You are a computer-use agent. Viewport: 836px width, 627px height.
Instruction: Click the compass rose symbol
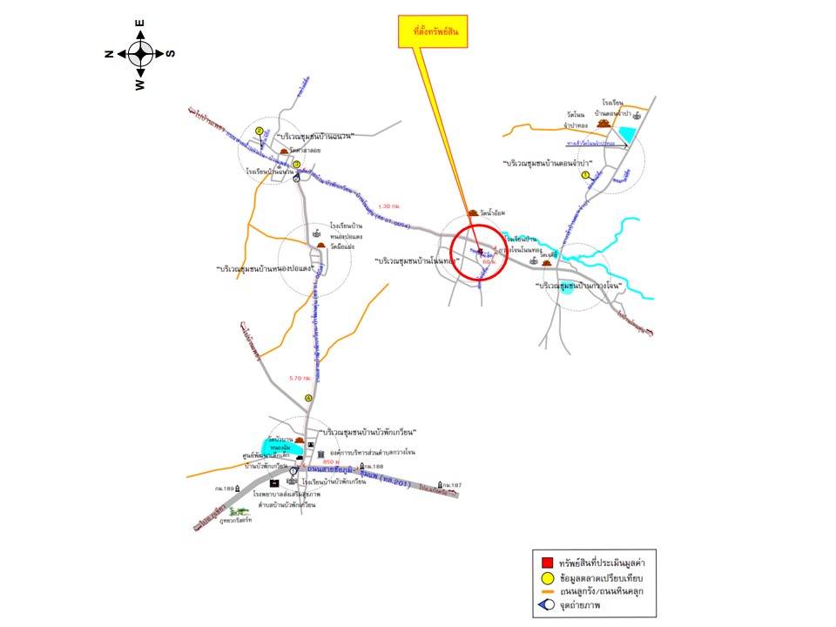(141, 54)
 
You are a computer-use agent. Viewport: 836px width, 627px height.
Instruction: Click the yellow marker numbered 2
(260, 132)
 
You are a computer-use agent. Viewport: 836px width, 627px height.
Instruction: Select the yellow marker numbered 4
(307, 399)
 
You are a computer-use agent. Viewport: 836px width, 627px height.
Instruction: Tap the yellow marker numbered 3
(297, 164)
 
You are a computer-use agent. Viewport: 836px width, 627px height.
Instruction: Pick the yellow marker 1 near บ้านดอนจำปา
(585, 174)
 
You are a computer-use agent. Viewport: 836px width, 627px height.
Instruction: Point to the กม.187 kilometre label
(451, 484)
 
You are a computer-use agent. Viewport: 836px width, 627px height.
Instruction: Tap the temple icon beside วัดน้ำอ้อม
(473, 212)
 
